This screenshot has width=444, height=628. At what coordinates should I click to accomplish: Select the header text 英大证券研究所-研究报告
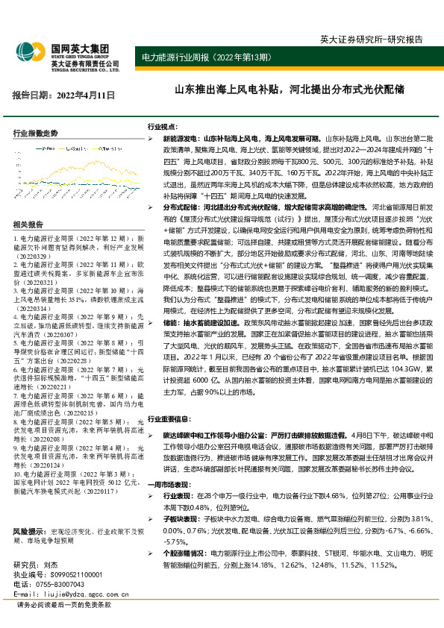coord(381,39)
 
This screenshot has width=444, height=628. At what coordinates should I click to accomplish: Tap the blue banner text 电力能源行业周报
coord(172,57)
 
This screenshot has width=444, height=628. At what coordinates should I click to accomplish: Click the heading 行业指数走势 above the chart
coord(36,133)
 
